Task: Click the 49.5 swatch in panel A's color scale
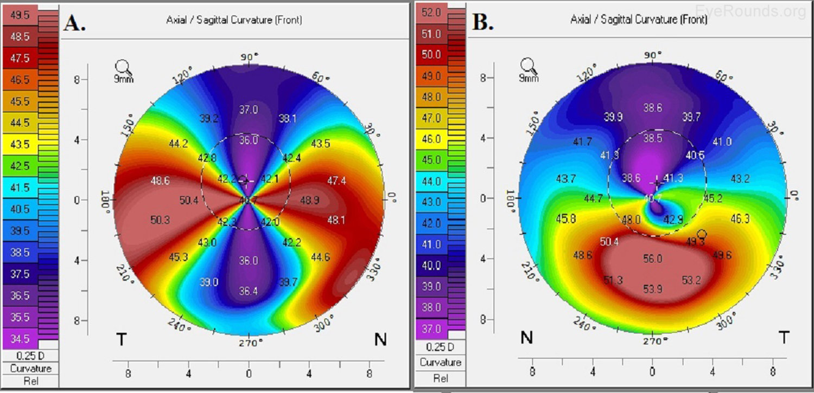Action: pos(20,15)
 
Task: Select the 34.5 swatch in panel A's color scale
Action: pos(20,339)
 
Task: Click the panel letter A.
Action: pos(74,23)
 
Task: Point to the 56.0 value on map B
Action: pos(652,259)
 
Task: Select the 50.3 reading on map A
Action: pos(160,220)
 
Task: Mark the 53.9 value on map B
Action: pos(652,289)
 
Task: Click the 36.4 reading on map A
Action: pos(249,292)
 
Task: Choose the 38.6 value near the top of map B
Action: pos(652,108)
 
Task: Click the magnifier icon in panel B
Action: pos(529,67)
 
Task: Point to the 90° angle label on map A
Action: pos(249,57)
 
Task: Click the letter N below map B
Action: pos(526,338)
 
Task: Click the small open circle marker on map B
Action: pos(702,234)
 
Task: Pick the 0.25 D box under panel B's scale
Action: pos(440,347)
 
